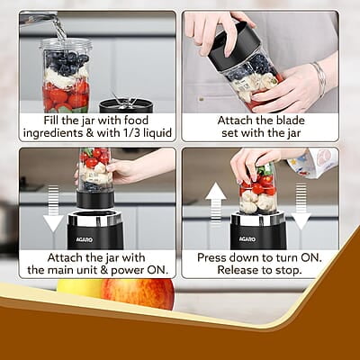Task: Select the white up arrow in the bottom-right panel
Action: (x=215, y=202)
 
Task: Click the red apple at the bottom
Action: (x=138, y=292)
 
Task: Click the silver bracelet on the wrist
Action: (x=319, y=79)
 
